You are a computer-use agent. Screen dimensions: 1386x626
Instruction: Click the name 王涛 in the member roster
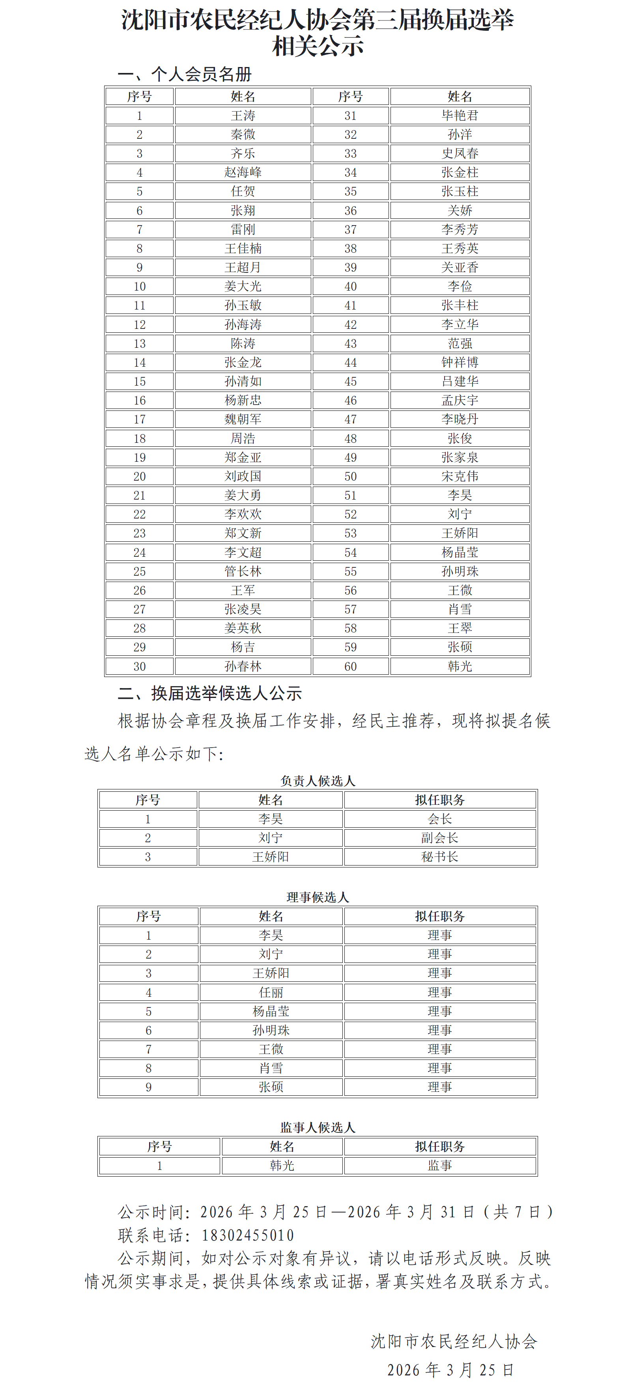tap(243, 116)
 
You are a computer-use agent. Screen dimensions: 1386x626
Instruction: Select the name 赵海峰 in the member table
tap(243, 173)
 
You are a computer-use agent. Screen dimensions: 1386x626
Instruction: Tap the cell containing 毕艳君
tap(460, 116)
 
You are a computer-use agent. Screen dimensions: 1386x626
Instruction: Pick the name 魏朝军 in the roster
tap(243, 419)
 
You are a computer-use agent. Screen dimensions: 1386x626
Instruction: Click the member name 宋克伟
tap(460, 476)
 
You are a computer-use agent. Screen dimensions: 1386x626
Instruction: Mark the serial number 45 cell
tap(350, 381)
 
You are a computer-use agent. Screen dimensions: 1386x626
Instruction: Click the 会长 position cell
tap(440, 819)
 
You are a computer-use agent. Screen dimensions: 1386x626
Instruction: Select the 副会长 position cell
tap(440, 838)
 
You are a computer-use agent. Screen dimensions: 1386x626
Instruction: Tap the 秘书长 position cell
tap(440, 856)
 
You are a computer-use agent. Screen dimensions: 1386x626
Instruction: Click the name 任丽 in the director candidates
tap(271, 992)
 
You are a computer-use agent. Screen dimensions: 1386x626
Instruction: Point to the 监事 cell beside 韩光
tap(440, 1166)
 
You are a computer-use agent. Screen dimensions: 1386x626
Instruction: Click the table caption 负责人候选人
tap(318, 781)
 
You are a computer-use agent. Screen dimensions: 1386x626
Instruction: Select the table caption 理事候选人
tap(318, 897)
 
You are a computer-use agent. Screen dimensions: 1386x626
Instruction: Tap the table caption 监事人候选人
tap(318, 1127)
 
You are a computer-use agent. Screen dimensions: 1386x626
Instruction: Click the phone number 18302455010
tap(248, 1235)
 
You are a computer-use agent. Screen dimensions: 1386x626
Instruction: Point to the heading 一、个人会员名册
tap(185, 74)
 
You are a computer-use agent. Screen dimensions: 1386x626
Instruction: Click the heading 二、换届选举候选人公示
tap(210, 694)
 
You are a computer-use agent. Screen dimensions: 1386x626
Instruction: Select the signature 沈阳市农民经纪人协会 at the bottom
tap(454, 1341)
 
